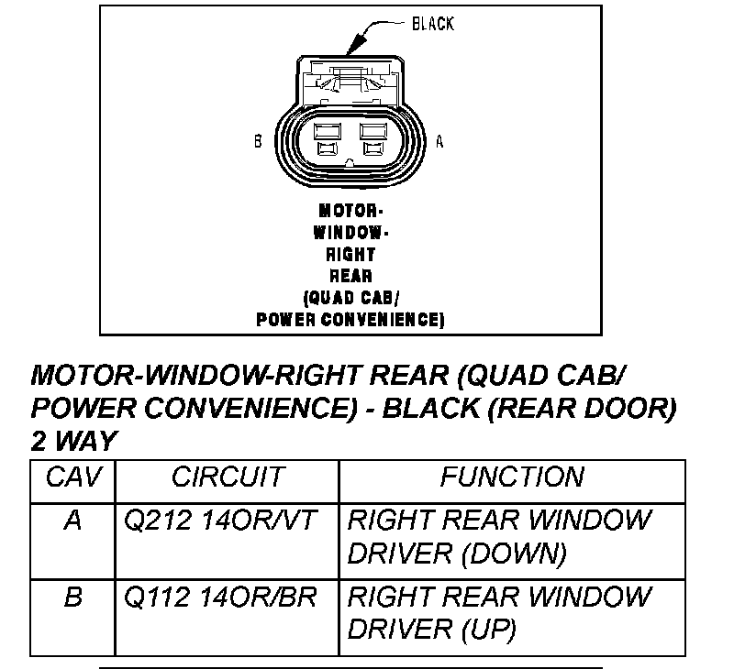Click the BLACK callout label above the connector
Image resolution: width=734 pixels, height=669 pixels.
[432, 25]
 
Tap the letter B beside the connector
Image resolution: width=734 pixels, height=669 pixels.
[259, 142]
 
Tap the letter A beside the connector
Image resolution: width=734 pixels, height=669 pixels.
[439, 142]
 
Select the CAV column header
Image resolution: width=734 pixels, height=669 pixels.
[72, 477]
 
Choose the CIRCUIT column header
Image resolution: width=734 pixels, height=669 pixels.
[228, 477]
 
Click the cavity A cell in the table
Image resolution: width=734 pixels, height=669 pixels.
[72, 521]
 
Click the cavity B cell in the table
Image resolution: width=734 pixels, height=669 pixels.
[72, 598]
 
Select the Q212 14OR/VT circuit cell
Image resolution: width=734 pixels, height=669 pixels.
[220, 521]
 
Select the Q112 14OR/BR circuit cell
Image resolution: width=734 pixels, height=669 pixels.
[220, 598]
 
